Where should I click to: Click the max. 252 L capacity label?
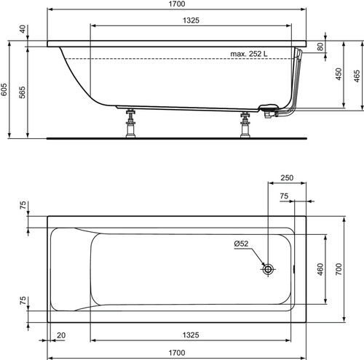[249, 54]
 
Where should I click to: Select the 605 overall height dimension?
[4, 89]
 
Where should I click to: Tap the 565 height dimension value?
[22, 92]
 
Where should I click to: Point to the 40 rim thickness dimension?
[23, 29]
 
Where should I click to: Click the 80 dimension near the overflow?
[320, 47]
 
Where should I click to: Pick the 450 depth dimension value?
[339, 74]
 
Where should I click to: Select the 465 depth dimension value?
[357, 76]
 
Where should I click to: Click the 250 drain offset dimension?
[287, 177]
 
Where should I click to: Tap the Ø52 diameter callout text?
[241, 244]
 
